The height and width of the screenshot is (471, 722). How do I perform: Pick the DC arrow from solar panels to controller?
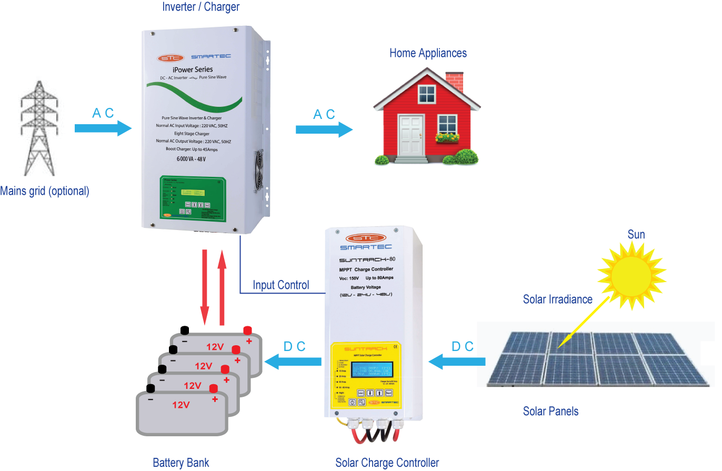(457, 361)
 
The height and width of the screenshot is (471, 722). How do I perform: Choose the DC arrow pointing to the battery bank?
(293, 361)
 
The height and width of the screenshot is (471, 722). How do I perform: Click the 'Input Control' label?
(281, 285)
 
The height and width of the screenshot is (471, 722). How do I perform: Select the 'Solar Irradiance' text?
(557, 299)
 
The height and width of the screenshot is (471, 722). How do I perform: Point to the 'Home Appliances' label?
(428, 53)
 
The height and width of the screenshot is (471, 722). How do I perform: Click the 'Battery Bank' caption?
(180, 463)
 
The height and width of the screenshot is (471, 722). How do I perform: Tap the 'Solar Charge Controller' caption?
(387, 463)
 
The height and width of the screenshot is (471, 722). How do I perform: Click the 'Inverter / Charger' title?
(200, 7)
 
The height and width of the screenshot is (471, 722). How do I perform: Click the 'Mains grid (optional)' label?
(45, 191)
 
